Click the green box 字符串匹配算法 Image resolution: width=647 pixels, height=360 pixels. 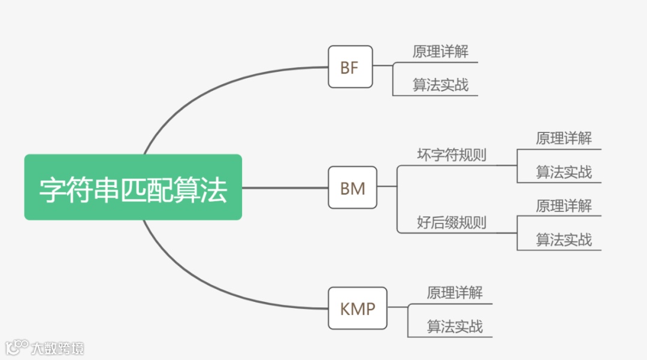point(133,187)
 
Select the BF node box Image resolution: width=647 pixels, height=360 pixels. point(350,67)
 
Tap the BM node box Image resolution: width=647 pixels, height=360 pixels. point(352,187)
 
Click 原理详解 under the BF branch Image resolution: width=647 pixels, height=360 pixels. point(440,52)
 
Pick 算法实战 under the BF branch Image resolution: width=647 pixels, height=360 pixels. point(440,85)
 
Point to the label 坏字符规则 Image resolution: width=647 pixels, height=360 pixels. point(452,155)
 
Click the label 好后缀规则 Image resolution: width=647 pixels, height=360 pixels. point(452,223)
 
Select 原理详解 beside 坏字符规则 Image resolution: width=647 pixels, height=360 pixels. point(564,138)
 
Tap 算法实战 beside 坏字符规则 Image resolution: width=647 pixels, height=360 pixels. point(564,173)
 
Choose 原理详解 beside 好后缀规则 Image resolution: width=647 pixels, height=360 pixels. point(564,206)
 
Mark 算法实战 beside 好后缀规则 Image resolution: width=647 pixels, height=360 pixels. point(564,240)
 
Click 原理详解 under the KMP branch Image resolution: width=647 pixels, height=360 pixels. point(455,292)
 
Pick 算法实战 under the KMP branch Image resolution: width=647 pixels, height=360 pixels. point(455,326)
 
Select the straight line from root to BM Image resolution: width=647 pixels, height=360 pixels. point(285,187)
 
